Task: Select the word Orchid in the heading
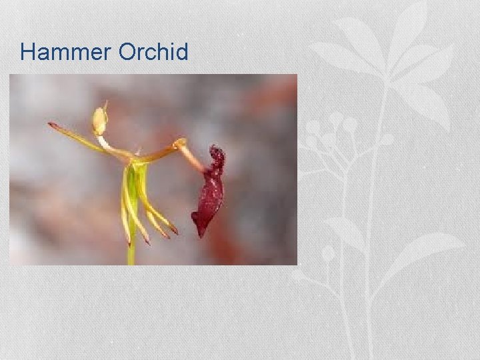(153, 52)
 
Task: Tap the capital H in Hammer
(27, 52)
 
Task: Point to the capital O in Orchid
(127, 52)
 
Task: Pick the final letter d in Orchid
(182, 52)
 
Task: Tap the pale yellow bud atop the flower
(100, 121)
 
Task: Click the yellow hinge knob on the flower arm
(179, 143)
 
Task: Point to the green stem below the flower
(131, 253)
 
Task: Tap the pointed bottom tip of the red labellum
(199, 233)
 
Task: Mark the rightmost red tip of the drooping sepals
(175, 231)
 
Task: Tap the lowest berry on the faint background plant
(327, 253)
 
